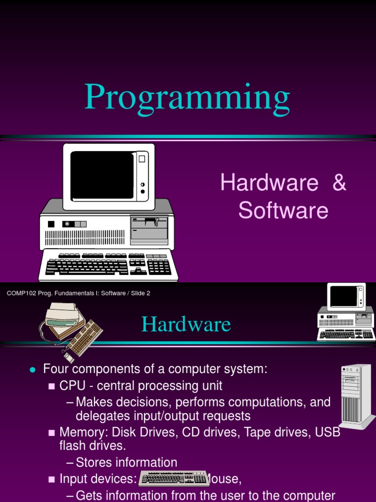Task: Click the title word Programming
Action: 187,98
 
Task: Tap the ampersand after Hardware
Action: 338,183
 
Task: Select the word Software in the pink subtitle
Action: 283,211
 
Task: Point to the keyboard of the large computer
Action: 108,265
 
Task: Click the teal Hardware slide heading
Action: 186,325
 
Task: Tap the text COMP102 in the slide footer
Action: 19,293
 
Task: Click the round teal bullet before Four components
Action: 33,370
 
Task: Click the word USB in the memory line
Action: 329,432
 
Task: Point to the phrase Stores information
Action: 126,462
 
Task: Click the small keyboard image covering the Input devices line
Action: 174,478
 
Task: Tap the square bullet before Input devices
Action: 51,479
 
